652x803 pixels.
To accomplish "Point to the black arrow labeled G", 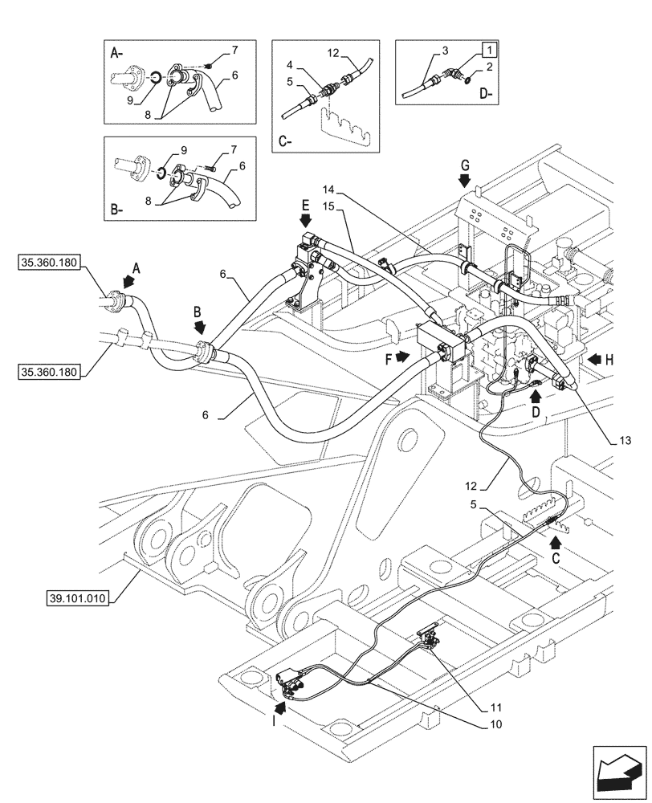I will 464,181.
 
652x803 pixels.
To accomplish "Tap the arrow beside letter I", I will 280,708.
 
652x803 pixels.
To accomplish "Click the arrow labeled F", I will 401,354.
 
